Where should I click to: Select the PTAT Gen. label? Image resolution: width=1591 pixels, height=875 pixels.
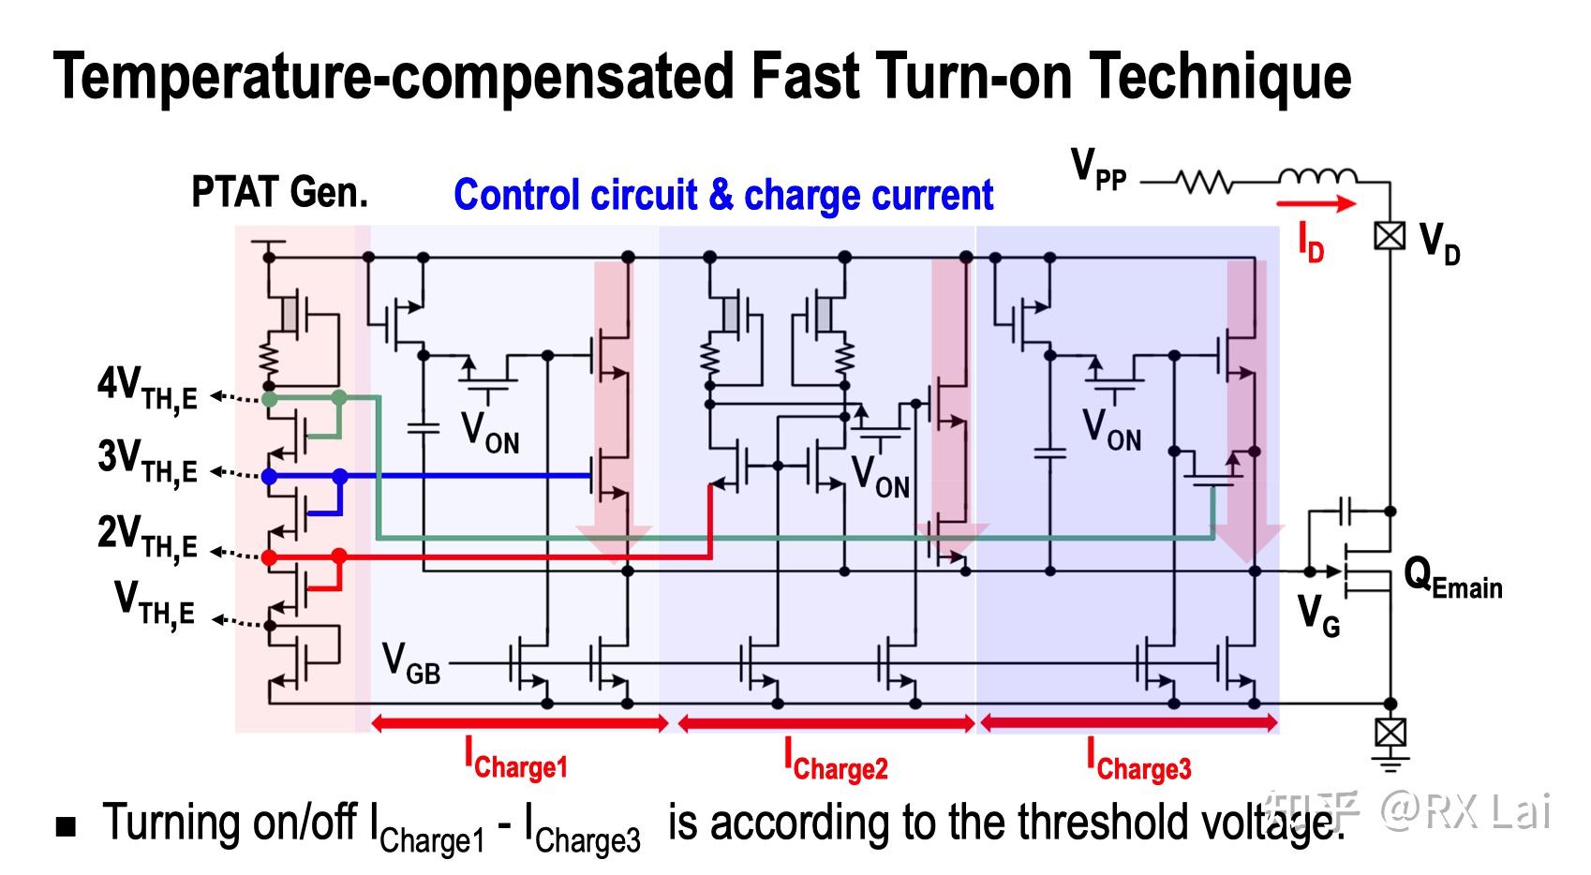tap(279, 193)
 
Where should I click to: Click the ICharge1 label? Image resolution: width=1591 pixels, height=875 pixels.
tap(516, 759)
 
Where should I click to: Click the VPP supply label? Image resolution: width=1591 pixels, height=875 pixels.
tap(1098, 170)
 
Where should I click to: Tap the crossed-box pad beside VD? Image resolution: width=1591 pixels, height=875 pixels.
tap(1390, 235)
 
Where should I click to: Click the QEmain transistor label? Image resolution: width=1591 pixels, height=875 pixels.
tap(1452, 578)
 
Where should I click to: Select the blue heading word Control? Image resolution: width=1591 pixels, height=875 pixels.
tap(511, 196)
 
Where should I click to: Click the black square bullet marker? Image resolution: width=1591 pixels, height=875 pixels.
tap(66, 826)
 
